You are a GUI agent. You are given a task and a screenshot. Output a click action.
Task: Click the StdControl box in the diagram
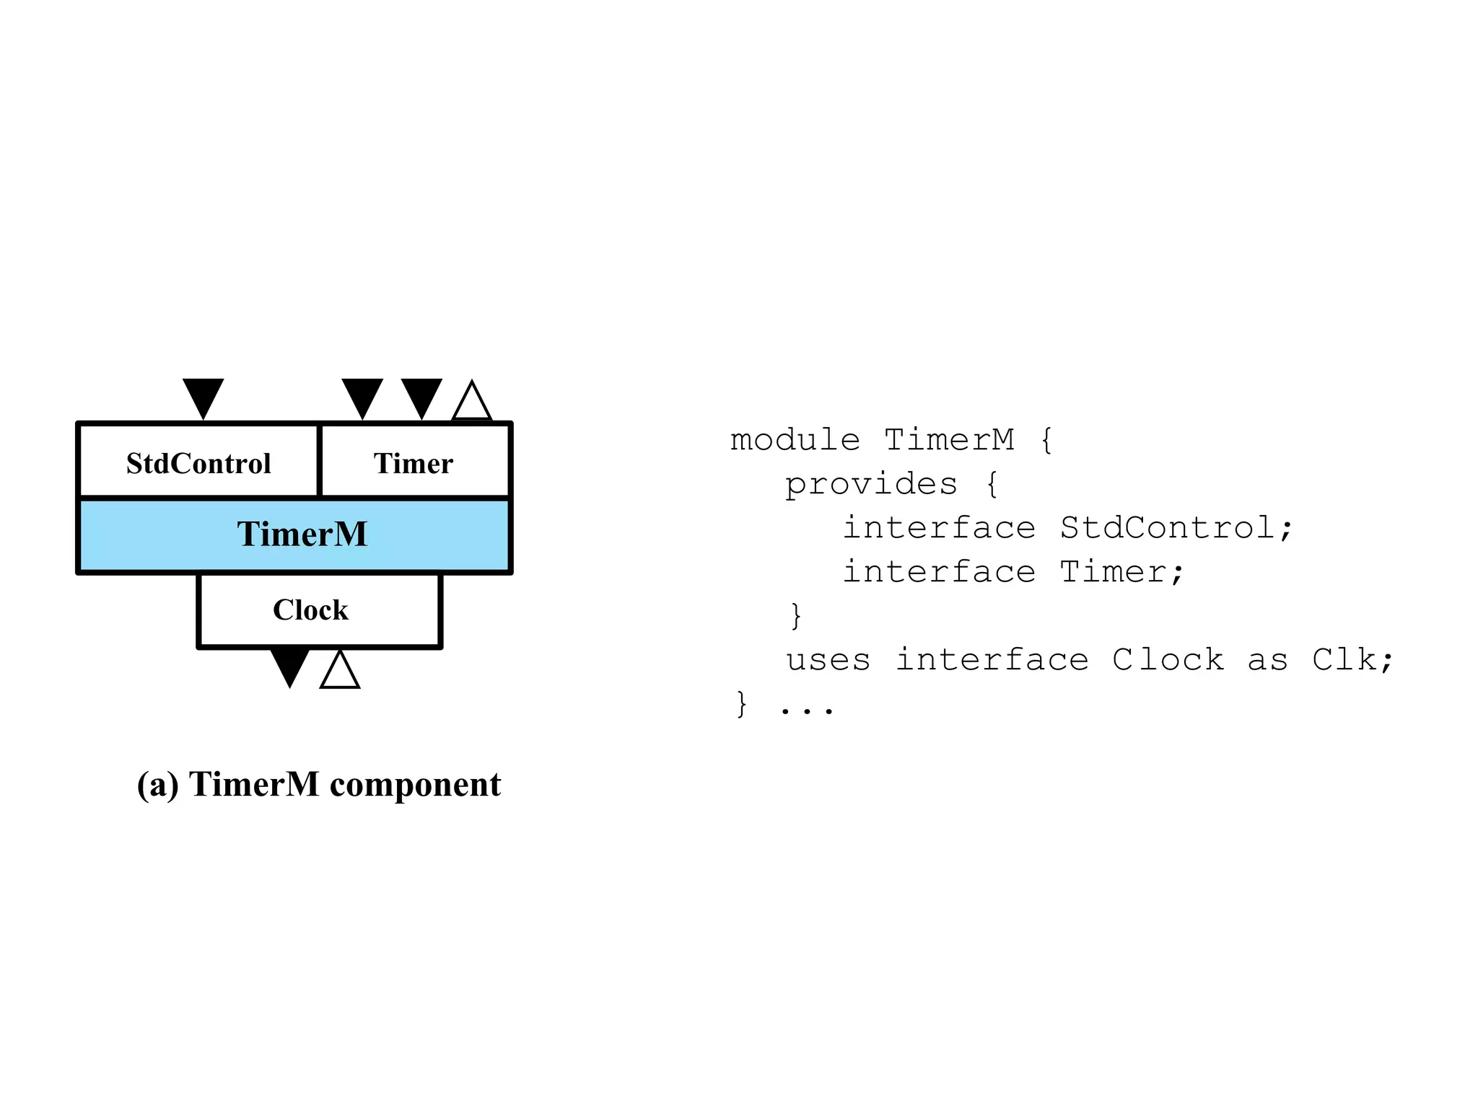[198, 462]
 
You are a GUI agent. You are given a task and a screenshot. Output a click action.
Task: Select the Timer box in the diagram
[414, 462]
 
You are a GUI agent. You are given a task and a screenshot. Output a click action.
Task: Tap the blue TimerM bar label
[302, 535]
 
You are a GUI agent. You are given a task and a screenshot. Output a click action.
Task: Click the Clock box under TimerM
[311, 610]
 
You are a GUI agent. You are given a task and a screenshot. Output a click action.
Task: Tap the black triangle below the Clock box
[289, 665]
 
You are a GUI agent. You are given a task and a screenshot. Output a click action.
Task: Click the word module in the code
[795, 440]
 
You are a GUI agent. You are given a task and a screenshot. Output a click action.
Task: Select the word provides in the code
[871, 484]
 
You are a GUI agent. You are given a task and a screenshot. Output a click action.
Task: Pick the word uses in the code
[828, 660]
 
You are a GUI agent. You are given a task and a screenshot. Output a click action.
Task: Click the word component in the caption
[415, 785]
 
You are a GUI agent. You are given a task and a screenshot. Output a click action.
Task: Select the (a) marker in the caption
[157, 785]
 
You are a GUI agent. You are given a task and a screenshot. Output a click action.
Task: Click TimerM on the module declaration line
[949, 440]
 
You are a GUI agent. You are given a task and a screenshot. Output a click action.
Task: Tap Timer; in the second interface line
[1121, 572]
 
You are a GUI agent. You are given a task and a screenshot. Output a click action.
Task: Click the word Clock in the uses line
[1168, 660]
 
